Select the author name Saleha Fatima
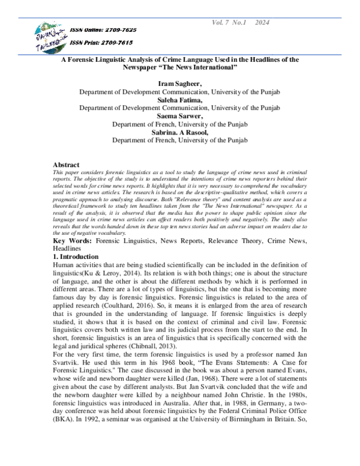pos(180,99)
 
